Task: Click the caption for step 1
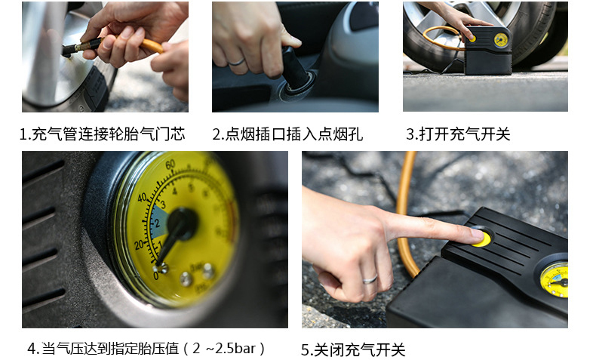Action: [x=103, y=134]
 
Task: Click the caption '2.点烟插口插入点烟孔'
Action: [x=287, y=134]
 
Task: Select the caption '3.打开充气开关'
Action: [x=458, y=134]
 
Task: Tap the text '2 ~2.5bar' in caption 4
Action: [x=224, y=348]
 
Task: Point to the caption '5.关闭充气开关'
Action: [x=353, y=349]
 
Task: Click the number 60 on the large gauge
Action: [x=171, y=165]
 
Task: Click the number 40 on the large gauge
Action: [x=142, y=198]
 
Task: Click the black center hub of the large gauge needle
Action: [x=183, y=224]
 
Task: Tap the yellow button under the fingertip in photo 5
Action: [x=481, y=238]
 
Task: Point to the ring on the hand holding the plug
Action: [x=236, y=63]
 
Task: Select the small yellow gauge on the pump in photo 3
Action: [x=501, y=40]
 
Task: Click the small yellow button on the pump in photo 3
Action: [x=472, y=38]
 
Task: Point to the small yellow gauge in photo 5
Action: [x=555, y=280]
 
